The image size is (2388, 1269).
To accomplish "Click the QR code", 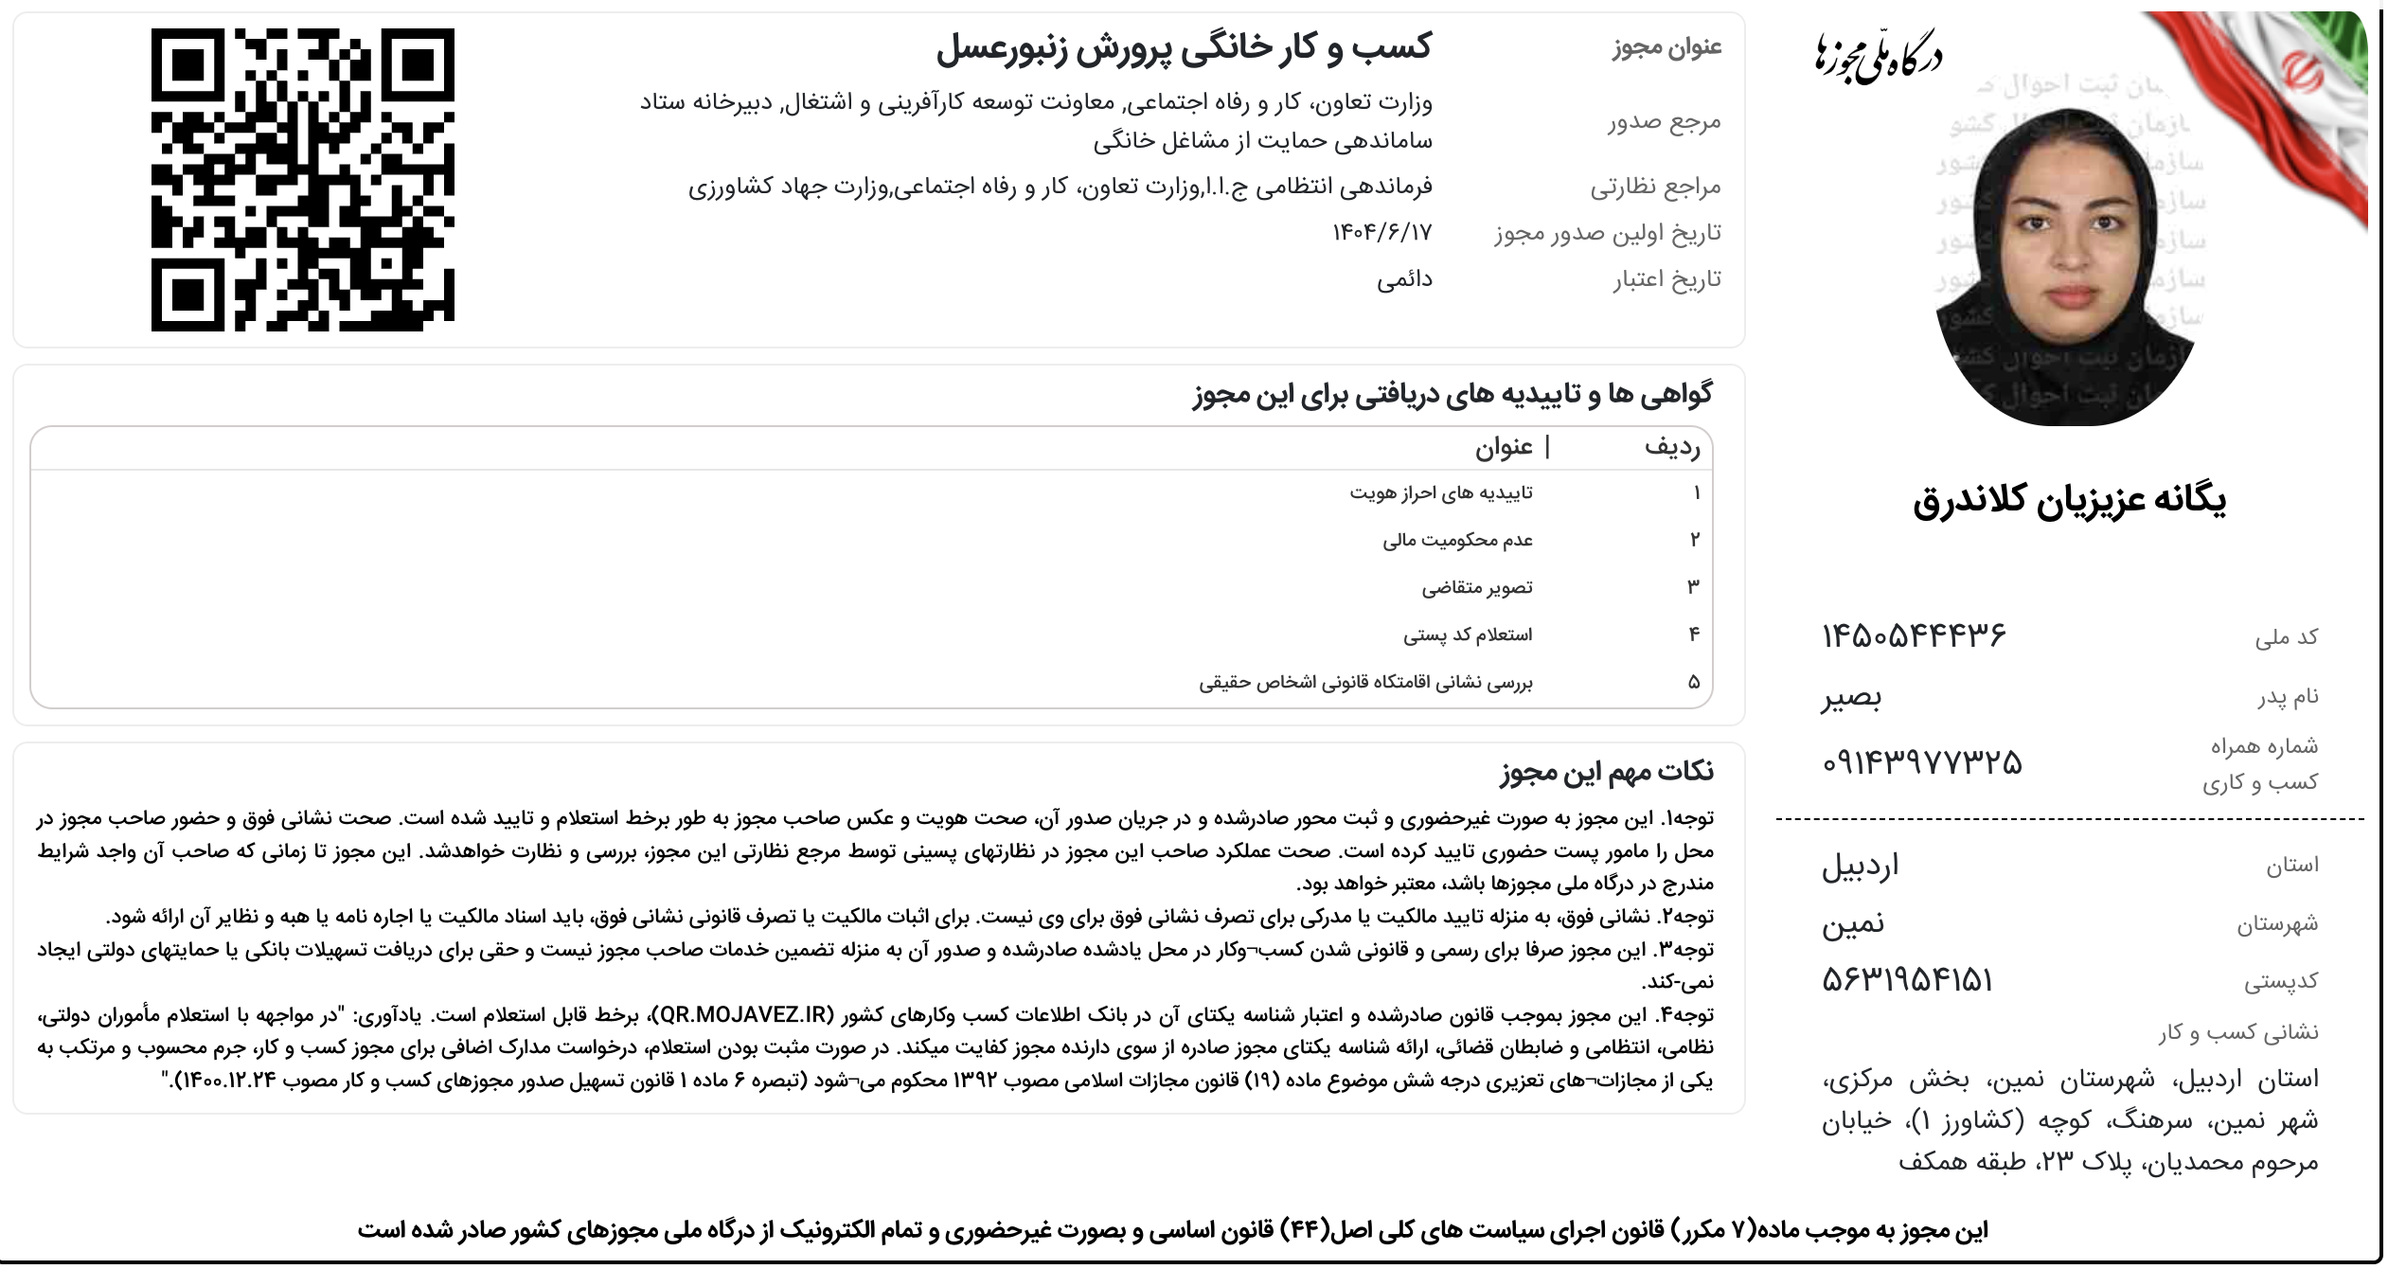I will point(303,180).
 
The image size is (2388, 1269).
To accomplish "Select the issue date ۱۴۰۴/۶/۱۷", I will point(1381,232).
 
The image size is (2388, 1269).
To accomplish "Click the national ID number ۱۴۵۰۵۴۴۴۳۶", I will point(1914,635).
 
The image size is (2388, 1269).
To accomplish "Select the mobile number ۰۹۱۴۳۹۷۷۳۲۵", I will point(1921,762).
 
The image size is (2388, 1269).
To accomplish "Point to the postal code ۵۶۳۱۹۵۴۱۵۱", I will point(1907,980).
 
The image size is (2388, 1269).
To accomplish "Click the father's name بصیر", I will point(1851,698).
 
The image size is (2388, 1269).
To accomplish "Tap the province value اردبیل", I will point(1861,866).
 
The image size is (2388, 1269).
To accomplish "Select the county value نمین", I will point(1853,923).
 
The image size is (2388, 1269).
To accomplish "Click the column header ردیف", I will point(1672,448).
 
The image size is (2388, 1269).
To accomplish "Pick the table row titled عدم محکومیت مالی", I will point(1457,540).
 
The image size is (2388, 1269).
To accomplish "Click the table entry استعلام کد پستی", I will point(1468,634).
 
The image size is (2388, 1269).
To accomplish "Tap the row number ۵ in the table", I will point(1694,682).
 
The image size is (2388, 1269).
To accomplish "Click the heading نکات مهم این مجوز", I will point(1607,772).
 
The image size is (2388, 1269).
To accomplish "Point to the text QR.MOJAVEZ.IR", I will point(743,1015).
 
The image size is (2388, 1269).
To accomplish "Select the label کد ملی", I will point(2286,637).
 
